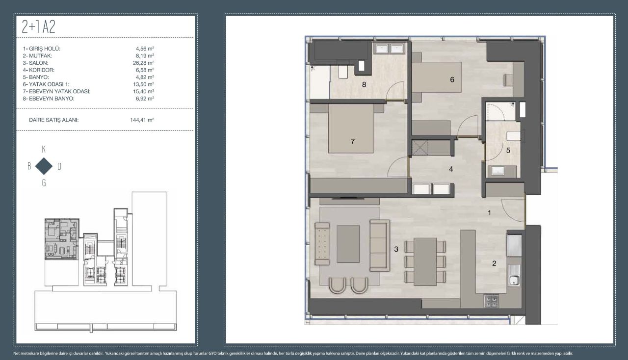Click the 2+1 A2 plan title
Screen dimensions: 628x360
click(38, 27)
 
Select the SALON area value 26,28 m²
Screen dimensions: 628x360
click(143, 63)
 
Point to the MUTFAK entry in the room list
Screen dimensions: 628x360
click(37, 56)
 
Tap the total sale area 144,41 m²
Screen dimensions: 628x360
click(142, 120)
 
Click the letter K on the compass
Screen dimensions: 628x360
click(44, 150)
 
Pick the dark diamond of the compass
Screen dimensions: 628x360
click(44, 166)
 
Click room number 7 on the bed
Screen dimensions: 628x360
click(353, 142)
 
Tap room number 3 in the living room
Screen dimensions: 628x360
click(396, 249)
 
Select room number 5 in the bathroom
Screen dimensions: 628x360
click(508, 151)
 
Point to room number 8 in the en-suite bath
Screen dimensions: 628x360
click(364, 84)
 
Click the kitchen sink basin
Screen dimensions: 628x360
click(514, 280)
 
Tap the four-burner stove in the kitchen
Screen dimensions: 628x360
click(491, 301)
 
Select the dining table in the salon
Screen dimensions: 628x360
click(425, 261)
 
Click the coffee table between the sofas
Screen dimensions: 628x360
click(348, 244)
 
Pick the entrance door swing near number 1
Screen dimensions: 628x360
click(513, 211)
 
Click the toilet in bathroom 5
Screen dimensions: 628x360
click(513, 136)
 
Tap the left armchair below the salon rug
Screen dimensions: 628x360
click(337, 285)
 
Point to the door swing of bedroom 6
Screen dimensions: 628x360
click(468, 126)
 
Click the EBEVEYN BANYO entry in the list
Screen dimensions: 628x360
click(49, 99)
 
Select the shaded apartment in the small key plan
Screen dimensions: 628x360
click(61, 239)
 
